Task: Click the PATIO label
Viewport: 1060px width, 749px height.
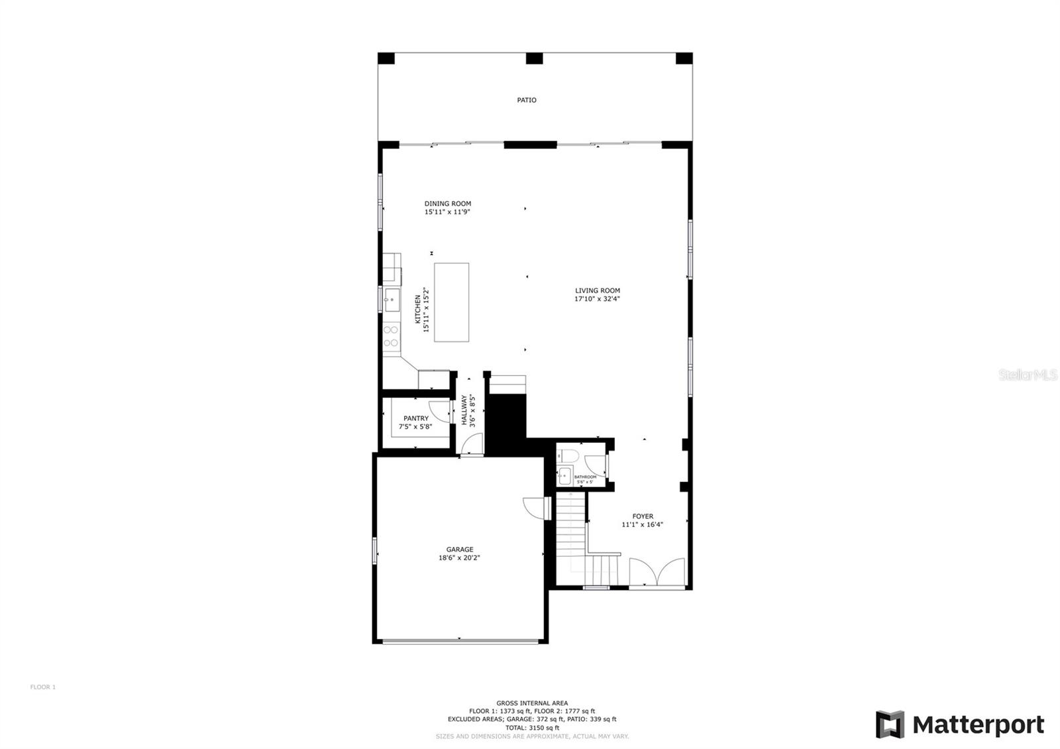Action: coord(527,100)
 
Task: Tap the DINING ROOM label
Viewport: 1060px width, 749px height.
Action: coord(448,203)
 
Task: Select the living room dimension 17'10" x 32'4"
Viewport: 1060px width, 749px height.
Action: coord(597,299)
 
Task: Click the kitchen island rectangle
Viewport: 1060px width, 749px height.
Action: coord(451,302)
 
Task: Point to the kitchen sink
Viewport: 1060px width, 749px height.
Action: coord(392,300)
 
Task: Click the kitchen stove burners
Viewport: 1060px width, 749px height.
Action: coord(391,336)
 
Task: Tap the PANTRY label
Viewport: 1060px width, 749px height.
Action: coord(416,418)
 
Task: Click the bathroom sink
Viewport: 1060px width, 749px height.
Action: coord(564,475)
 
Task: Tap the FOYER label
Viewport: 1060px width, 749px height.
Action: coord(643,516)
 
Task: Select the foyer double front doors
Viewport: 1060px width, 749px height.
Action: coord(657,572)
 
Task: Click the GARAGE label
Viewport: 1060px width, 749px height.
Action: coord(459,549)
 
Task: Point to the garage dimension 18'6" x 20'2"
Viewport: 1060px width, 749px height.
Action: coord(459,558)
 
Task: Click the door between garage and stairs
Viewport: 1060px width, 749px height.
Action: coord(536,508)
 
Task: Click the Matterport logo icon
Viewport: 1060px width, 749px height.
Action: coord(890,724)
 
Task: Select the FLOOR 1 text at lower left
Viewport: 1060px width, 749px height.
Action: coord(43,687)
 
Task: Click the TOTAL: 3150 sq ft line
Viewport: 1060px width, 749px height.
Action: coord(532,728)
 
